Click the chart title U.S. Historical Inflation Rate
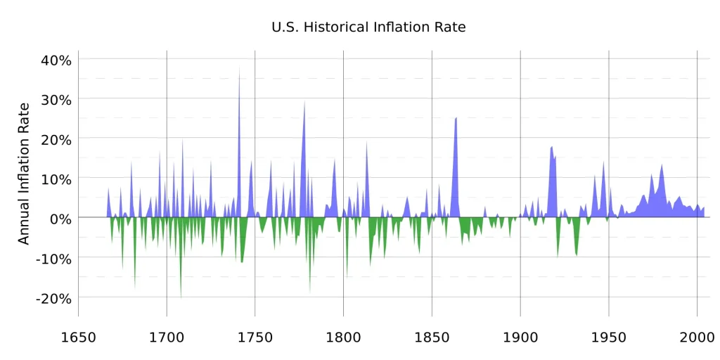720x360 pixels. (x=368, y=27)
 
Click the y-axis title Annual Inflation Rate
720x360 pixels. (x=24, y=174)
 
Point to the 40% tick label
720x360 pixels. (x=56, y=60)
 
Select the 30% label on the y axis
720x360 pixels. (x=56, y=100)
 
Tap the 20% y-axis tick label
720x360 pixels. (x=56, y=139)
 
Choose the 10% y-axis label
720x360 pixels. (x=56, y=179)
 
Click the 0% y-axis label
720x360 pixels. (x=60, y=219)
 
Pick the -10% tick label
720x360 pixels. (x=53, y=259)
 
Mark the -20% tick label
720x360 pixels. (x=53, y=298)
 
